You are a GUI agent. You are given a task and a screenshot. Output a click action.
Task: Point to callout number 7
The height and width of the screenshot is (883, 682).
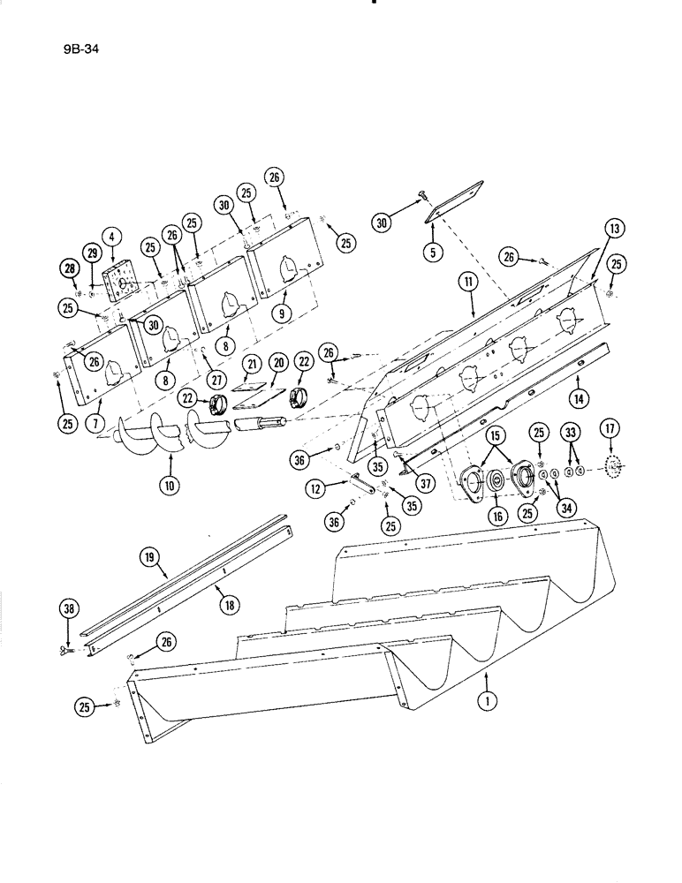tap(91, 425)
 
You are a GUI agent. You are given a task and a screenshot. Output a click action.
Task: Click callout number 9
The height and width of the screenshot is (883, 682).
tap(281, 312)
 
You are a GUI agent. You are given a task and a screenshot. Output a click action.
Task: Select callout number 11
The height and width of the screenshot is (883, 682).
tap(466, 283)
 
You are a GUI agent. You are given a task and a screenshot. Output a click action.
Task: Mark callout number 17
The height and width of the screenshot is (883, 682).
tap(609, 432)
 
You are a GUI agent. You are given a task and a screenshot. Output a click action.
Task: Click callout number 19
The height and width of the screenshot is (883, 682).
tap(148, 556)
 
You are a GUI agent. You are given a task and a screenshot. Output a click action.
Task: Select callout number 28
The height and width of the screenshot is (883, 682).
tap(67, 267)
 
